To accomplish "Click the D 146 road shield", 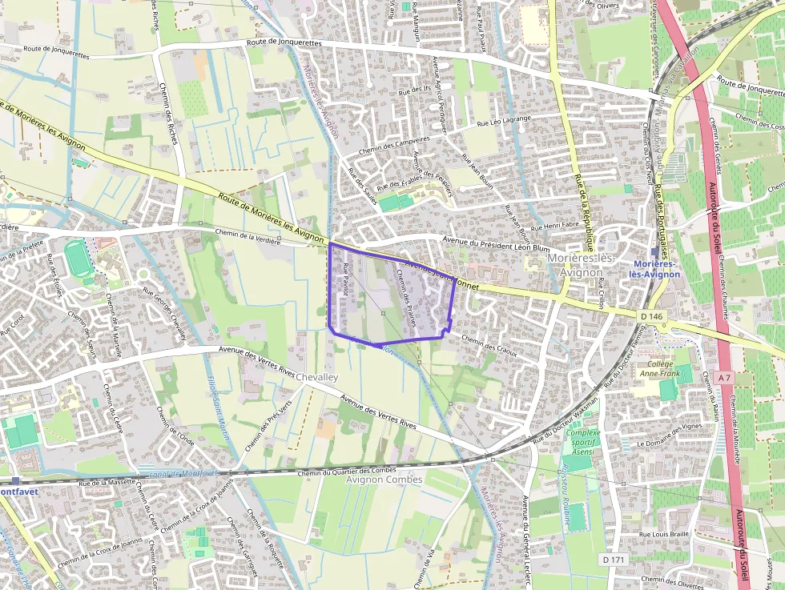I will coord(653,316).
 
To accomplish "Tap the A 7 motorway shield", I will coord(724,377).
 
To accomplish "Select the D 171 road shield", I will coord(613,560).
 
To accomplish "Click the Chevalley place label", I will coord(318,377).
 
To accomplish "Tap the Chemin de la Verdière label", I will coord(248,235).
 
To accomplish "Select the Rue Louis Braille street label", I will coord(664,534).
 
